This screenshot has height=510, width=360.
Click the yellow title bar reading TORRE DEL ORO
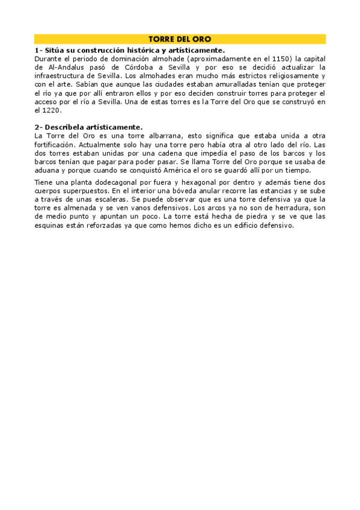pyautogui.click(x=180, y=38)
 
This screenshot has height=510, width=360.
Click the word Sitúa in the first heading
pyautogui.click(x=55, y=51)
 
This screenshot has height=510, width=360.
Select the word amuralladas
pyautogui.click(x=225, y=85)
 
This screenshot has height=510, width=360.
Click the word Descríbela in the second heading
pyautogui.click(x=64, y=127)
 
